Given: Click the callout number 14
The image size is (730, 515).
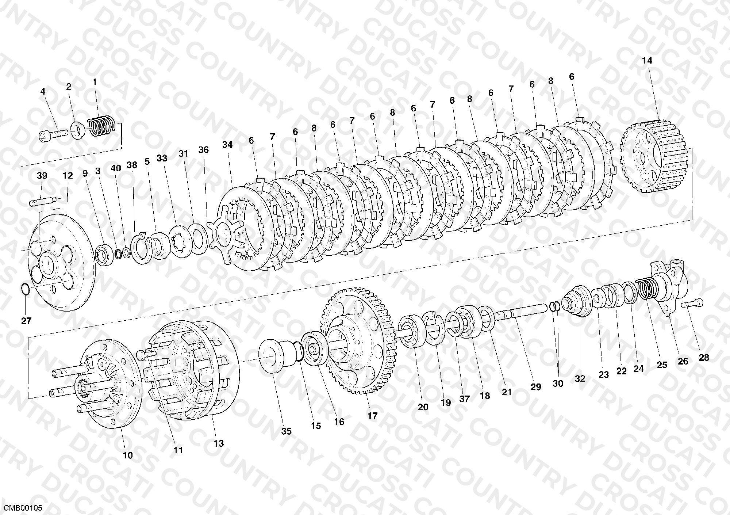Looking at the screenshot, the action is click(x=647, y=61).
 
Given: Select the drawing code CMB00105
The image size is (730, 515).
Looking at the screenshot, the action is click(x=23, y=508).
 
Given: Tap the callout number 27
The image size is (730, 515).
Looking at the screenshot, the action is click(x=26, y=321).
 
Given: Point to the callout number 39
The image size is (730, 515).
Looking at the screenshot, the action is click(x=42, y=176).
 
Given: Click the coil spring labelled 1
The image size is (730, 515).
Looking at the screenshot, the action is click(x=102, y=126).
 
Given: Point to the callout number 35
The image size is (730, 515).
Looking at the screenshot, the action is click(x=287, y=431).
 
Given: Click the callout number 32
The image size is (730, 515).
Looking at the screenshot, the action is click(x=580, y=379).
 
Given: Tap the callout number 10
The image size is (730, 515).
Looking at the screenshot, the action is click(x=128, y=455).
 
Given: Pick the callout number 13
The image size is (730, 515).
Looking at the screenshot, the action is click(x=218, y=443).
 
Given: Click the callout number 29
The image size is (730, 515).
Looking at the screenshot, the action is click(x=535, y=387).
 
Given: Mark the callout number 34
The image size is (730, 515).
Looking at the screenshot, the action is click(x=227, y=145).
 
